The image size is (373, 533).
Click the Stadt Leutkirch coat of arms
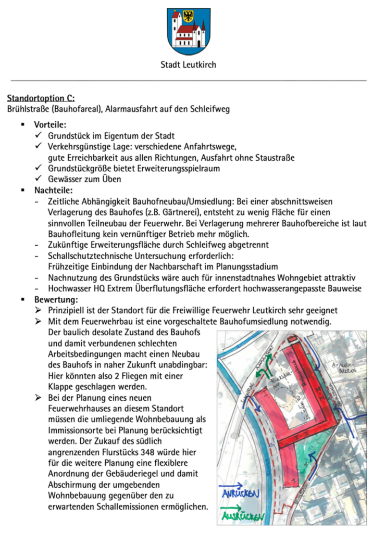188,31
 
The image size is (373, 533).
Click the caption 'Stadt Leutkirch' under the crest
188,65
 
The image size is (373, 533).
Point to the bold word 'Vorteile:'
50,125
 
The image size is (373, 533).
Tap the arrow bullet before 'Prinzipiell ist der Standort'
38,311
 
